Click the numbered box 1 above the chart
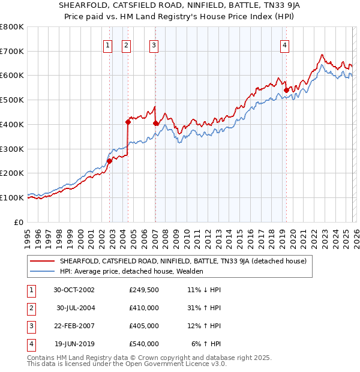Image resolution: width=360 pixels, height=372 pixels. click(108, 44)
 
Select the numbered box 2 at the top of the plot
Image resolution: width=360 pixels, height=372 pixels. click(127, 44)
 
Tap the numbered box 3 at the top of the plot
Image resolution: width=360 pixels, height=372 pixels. click(154, 44)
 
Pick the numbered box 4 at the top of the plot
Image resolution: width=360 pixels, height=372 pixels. click(284, 44)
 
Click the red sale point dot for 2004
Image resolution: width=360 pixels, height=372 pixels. click(128, 122)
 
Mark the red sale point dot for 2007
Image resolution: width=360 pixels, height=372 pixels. click(155, 123)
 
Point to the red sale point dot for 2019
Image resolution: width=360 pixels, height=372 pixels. click(286, 91)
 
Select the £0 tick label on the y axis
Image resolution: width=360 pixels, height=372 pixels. click(18, 221)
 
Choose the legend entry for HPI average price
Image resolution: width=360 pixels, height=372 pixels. click(131, 271)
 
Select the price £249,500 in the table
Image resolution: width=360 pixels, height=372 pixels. click(144, 290)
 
